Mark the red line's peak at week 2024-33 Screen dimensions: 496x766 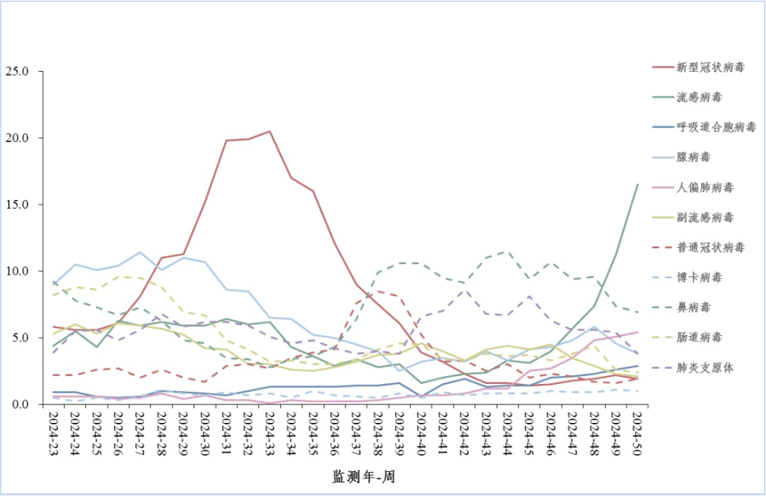[x=270, y=131]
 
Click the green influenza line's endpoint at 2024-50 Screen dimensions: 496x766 [x=637, y=184]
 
